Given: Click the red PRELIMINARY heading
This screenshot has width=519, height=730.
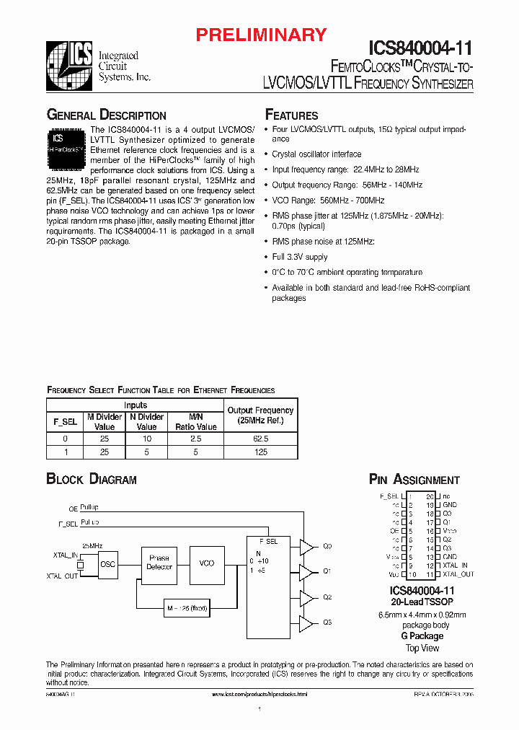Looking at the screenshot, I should coord(262,35).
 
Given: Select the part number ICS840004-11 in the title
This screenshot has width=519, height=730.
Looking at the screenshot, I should coord(421,48).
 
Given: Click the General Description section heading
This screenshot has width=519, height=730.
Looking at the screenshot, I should coord(106,115).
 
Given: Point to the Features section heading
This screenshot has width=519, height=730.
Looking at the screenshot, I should coord(291,115).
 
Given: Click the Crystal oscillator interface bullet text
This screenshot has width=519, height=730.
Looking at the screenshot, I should coord(316,154).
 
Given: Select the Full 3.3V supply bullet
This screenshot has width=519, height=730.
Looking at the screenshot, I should coord(299,257).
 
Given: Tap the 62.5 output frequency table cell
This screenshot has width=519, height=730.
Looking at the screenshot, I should coord(261,439).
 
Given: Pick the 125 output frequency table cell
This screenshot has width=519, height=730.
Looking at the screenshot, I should coord(261,452).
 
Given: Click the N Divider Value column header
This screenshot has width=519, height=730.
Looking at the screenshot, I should coord(146,421).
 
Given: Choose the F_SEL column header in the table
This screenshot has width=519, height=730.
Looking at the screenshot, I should coord(66,421).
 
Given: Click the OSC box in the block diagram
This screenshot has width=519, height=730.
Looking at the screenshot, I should coord(107,564).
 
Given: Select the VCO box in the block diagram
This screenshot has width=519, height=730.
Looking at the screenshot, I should coord(206,563).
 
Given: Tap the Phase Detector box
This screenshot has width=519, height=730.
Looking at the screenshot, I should coord(159,563).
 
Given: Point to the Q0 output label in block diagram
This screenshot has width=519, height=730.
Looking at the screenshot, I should coord(327,546).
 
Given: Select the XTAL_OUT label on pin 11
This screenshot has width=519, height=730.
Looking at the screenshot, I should coord(458,575).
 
